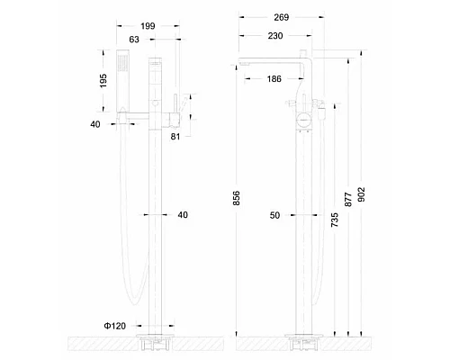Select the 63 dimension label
tap(134, 40)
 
